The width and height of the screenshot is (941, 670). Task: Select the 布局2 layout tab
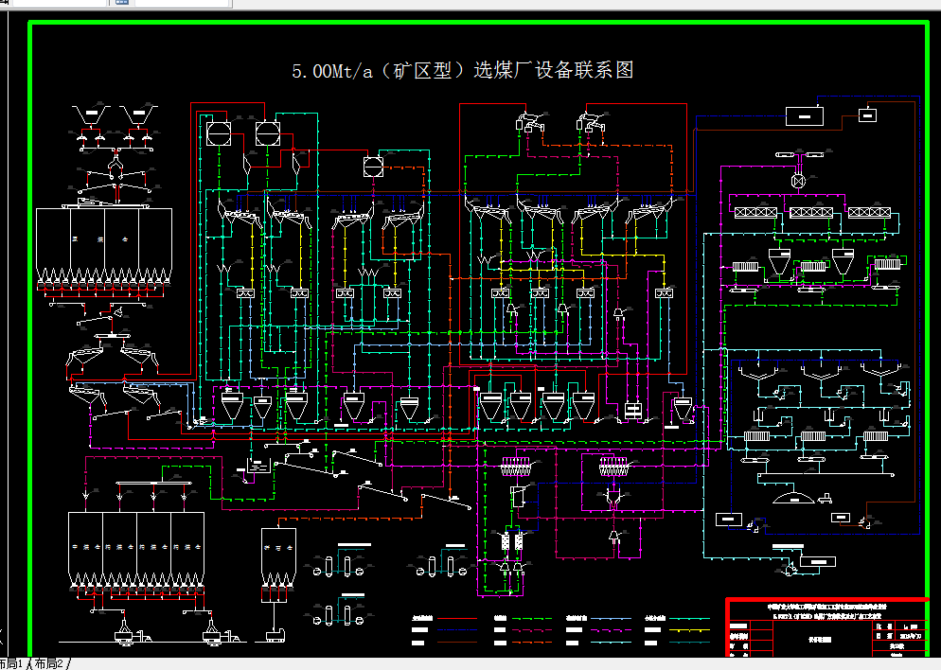[48, 663]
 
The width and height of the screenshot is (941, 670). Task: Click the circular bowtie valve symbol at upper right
[798, 180]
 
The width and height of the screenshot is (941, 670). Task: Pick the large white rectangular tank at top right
[805, 116]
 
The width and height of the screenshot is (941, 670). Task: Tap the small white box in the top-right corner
[867, 115]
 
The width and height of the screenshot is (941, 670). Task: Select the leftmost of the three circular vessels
[218, 132]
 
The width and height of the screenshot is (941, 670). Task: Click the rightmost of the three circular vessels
[371, 166]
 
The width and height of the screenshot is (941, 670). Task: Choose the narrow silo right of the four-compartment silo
[278, 558]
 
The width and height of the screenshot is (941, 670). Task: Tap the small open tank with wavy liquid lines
[255, 466]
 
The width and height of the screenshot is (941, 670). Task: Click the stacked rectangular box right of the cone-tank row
[631, 410]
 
